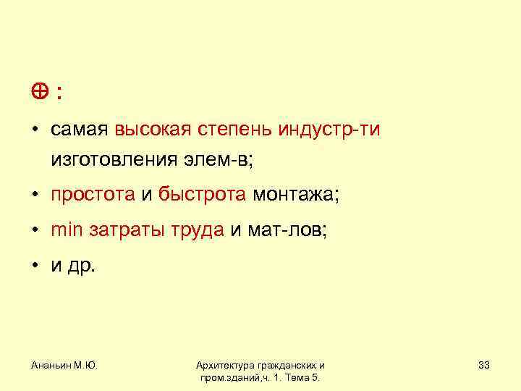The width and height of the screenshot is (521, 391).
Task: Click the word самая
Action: (x=80, y=130)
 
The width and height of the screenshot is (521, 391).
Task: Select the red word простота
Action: (x=93, y=195)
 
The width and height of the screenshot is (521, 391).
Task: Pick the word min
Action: (x=68, y=230)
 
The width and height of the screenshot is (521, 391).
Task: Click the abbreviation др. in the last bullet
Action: (x=82, y=266)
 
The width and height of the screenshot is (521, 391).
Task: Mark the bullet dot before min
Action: (x=33, y=231)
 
